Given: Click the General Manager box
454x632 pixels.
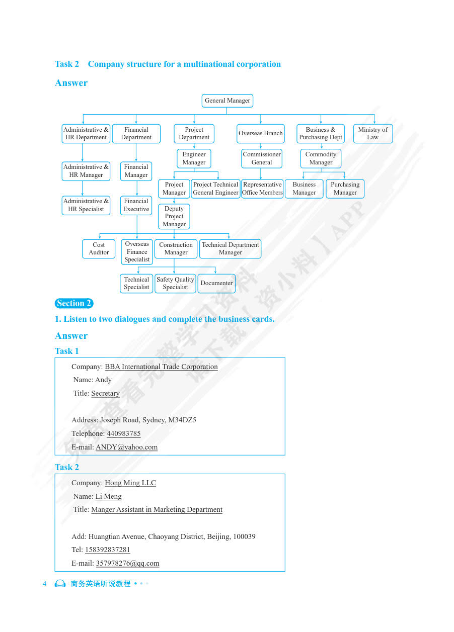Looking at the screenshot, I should tap(227, 101).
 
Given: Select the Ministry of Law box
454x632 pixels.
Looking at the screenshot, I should tap(372, 133).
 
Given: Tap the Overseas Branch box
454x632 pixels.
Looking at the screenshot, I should tap(260, 133).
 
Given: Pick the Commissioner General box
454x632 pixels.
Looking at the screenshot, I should tap(261, 158).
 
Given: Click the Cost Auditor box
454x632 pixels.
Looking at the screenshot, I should tap(99, 248).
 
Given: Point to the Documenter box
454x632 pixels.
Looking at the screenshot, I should tap(216, 283).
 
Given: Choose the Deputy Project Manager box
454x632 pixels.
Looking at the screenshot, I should tap(174, 216).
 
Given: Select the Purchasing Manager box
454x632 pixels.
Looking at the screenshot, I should tap(345, 189).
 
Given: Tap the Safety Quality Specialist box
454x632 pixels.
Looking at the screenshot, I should tap(175, 283).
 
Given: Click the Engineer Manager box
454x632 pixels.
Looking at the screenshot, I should tap(194, 158).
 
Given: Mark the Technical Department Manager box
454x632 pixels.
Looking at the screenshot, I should tap(230, 248).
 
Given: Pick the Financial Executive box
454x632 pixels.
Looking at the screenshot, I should tap(136, 205).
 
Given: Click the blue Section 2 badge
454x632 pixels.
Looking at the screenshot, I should tap(74, 303).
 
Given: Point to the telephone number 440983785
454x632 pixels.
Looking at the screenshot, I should tap(123, 433).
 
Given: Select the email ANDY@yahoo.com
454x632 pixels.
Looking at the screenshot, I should tap(126, 447).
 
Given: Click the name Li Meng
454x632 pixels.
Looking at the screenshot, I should tap(108, 496).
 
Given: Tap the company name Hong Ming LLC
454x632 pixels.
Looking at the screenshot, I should tap(130, 483).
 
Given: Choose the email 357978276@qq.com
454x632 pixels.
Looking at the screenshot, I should tap(127, 563).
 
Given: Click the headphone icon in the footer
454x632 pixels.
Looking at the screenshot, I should tap(60, 584).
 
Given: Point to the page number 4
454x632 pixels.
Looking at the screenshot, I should tap(44, 584).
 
